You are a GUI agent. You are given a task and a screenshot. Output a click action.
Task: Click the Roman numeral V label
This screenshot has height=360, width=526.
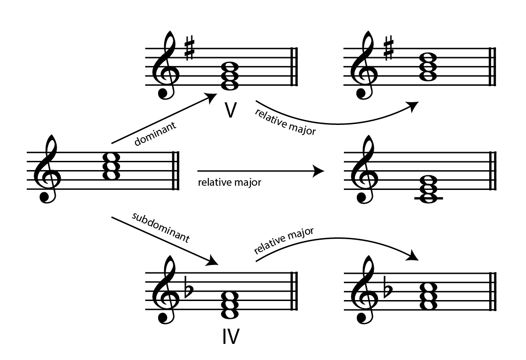(x=230, y=110)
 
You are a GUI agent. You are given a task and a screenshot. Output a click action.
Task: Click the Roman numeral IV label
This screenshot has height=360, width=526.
(x=231, y=336)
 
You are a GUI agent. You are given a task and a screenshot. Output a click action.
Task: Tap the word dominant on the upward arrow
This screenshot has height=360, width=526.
(x=155, y=134)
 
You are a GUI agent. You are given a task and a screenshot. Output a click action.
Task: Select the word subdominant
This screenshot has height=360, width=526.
(x=161, y=227)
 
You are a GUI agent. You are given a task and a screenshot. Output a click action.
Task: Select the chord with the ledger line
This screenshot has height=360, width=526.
(x=429, y=189)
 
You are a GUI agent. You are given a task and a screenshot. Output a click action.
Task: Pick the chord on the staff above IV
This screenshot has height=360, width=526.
(x=230, y=305)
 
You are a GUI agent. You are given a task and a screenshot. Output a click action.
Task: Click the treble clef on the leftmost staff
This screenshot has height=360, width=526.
(x=49, y=169)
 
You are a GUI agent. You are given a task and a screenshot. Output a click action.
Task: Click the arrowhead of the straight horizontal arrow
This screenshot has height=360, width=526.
(x=318, y=171)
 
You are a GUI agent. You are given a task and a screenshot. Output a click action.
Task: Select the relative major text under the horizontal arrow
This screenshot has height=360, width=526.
(x=230, y=182)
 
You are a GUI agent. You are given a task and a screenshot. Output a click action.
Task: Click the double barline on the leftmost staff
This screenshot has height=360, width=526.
(x=176, y=171)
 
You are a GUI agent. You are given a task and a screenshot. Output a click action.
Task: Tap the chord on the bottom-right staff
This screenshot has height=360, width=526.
(x=429, y=295)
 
